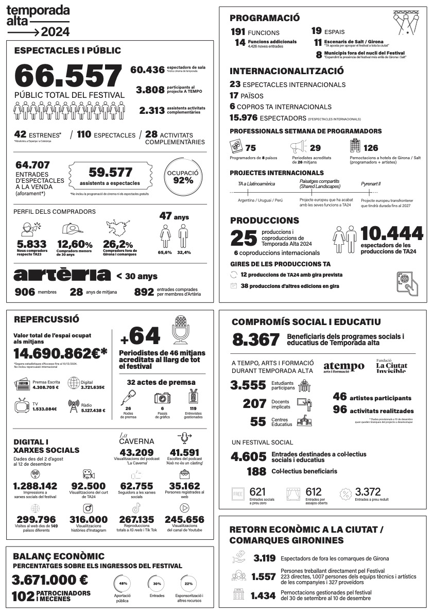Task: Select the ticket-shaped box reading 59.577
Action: pos(110,176)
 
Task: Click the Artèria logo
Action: pos(62,275)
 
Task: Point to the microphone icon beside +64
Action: pos(181,330)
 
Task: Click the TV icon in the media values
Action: pos(22,406)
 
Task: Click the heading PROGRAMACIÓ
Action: pos(265,18)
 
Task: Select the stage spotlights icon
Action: pos(406,23)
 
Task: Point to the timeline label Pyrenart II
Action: pos(371,183)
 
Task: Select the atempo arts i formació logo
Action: pos(343,367)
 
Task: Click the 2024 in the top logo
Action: pos(55,31)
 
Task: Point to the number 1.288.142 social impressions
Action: pos(35,486)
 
